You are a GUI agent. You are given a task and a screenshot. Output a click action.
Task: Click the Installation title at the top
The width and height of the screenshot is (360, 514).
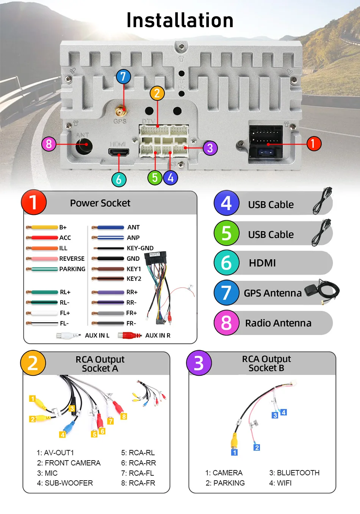click(x=180, y=20)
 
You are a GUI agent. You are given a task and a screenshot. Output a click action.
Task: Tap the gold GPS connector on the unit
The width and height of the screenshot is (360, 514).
click(x=121, y=111)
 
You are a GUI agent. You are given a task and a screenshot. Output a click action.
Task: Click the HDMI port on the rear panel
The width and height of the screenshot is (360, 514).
click(x=119, y=152)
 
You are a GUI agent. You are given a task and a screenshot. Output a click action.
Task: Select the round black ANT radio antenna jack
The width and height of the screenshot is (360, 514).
click(x=84, y=145)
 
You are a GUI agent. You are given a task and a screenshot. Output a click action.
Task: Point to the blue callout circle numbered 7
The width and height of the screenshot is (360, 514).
click(x=123, y=77)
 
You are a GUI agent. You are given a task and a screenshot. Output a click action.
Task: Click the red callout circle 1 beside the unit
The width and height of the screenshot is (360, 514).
click(x=313, y=144)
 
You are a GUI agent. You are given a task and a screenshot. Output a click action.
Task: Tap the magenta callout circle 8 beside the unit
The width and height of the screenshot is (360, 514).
click(x=49, y=144)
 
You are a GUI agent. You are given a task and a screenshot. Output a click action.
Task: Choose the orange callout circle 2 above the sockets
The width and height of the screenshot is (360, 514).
click(x=157, y=93)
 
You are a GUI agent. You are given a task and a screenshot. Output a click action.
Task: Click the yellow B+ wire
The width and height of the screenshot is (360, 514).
click(x=44, y=227)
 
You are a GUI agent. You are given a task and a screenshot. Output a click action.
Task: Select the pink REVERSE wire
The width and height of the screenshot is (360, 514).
click(x=44, y=259)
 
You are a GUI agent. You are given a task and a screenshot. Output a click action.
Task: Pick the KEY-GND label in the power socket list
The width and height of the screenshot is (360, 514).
click(x=140, y=248)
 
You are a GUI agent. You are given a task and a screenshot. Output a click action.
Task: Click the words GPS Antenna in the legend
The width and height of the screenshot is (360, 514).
click(x=272, y=293)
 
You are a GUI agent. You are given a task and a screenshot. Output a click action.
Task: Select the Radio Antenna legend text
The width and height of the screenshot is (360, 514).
click(x=278, y=323)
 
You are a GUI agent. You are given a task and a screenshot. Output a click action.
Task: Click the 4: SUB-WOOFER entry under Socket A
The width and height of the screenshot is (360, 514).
click(x=65, y=483)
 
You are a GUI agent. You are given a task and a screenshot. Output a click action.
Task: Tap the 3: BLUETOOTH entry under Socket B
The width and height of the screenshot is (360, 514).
click(x=294, y=473)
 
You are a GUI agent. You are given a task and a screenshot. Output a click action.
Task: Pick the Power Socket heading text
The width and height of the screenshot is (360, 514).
click(x=100, y=203)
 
